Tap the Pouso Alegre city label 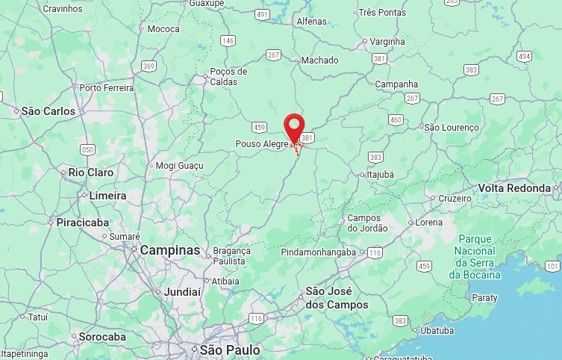point(261,143)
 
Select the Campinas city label point(170,250)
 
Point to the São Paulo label point(230,350)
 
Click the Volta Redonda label point(514,187)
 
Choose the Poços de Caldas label point(228,76)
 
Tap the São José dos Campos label point(337,297)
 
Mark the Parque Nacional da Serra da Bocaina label point(475,257)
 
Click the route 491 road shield point(262,14)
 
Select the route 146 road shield point(228,40)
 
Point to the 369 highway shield point(149,66)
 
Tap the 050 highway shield point(88,149)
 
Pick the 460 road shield point(396,120)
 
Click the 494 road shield point(524,57)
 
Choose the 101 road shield point(552,266)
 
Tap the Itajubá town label point(381,174)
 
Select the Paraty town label point(484,297)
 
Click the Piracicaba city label point(82,223)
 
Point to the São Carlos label point(49,111)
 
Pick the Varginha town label point(387,42)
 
